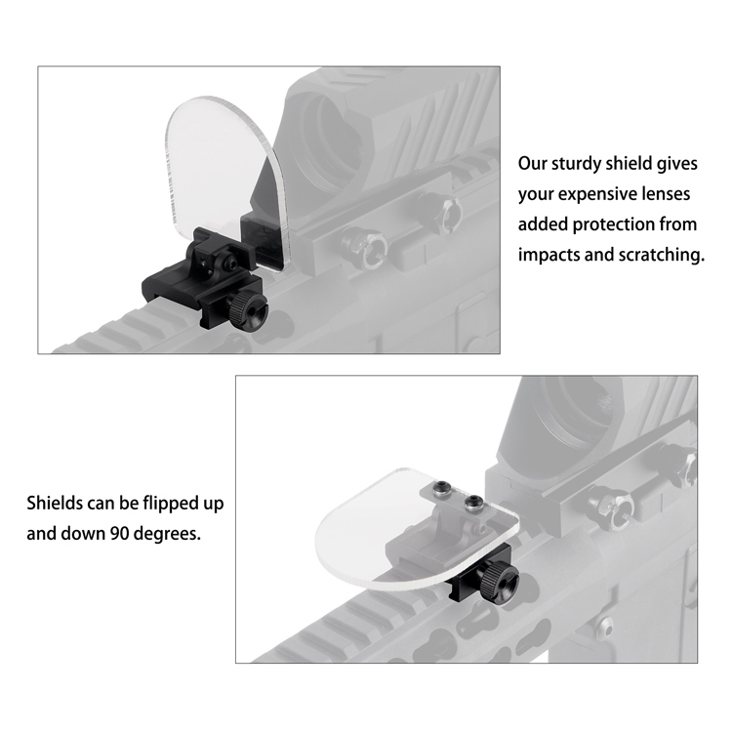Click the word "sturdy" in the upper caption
[577, 164]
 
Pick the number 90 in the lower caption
[119, 533]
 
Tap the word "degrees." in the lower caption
[167, 534]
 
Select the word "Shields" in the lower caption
[54, 504]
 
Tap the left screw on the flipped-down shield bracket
[441, 489]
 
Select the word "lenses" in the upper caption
[668, 194]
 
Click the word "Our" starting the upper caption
[532, 164]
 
